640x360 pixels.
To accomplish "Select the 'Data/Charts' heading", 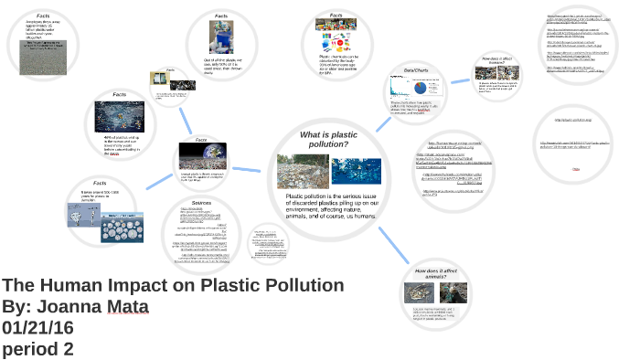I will (416, 70).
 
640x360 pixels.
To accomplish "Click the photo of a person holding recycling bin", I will (221, 39).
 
